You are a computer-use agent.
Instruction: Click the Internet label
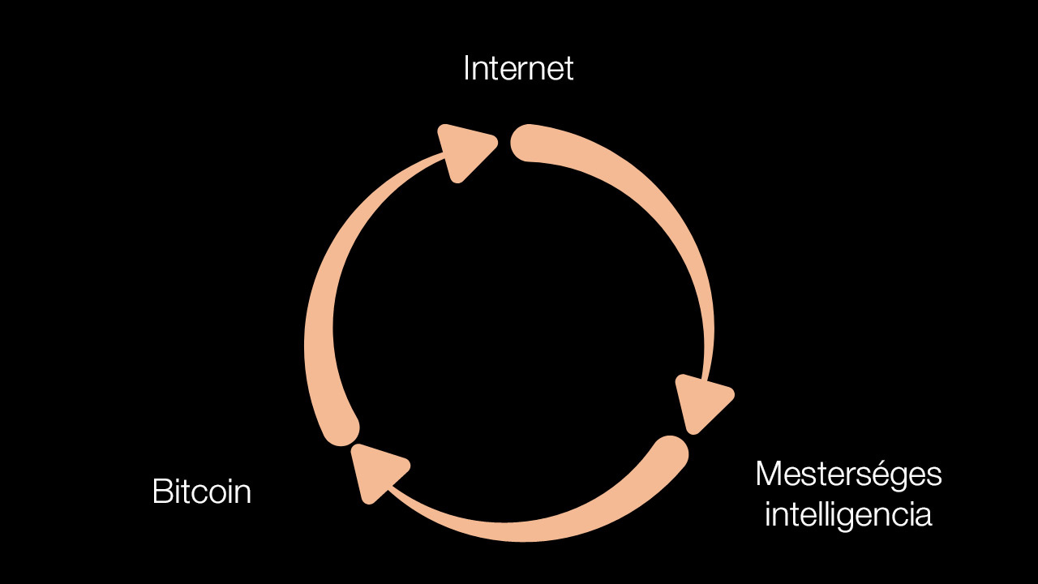coord(518,68)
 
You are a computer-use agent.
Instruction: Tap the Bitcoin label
coord(202,492)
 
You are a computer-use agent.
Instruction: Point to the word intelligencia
coord(848,515)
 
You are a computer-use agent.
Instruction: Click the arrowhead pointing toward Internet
coord(465,152)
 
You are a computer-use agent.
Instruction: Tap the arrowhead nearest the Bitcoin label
coord(379,473)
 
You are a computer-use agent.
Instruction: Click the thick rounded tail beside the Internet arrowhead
coord(528,144)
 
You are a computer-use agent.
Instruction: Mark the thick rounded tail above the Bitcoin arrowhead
coord(342,429)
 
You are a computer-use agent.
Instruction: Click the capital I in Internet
coord(466,68)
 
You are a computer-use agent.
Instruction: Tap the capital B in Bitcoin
coord(163,492)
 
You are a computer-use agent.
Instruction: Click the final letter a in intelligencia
coord(923,517)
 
